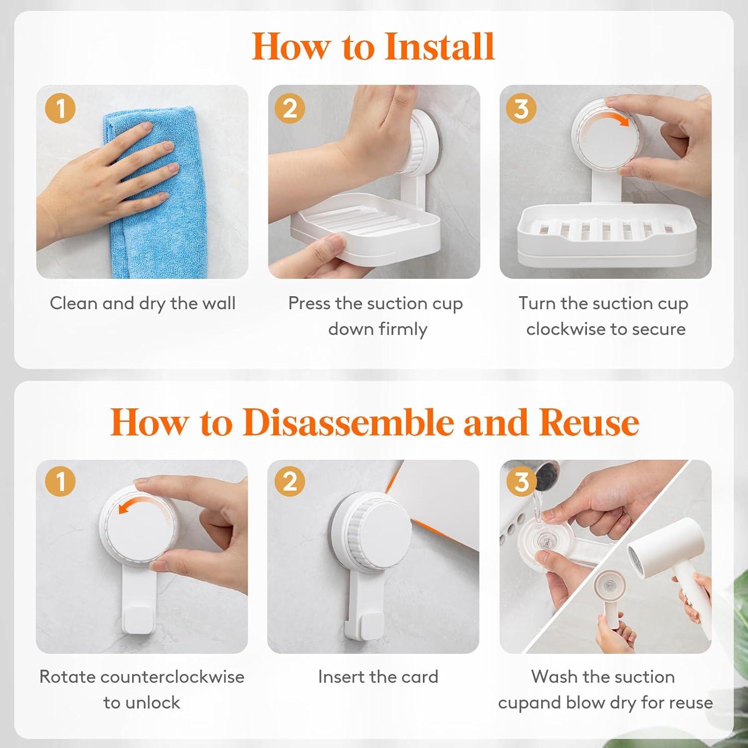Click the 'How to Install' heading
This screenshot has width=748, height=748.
click(374, 46)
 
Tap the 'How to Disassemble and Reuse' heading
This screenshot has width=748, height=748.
click(374, 422)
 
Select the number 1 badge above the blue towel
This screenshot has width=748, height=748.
click(60, 108)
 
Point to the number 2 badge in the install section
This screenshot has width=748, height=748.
click(290, 108)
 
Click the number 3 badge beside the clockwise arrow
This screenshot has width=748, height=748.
click(521, 108)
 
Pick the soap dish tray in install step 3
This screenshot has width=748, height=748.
click(605, 234)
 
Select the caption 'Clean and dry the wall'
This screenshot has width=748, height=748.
click(143, 303)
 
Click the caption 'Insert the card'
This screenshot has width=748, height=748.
click(378, 677)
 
